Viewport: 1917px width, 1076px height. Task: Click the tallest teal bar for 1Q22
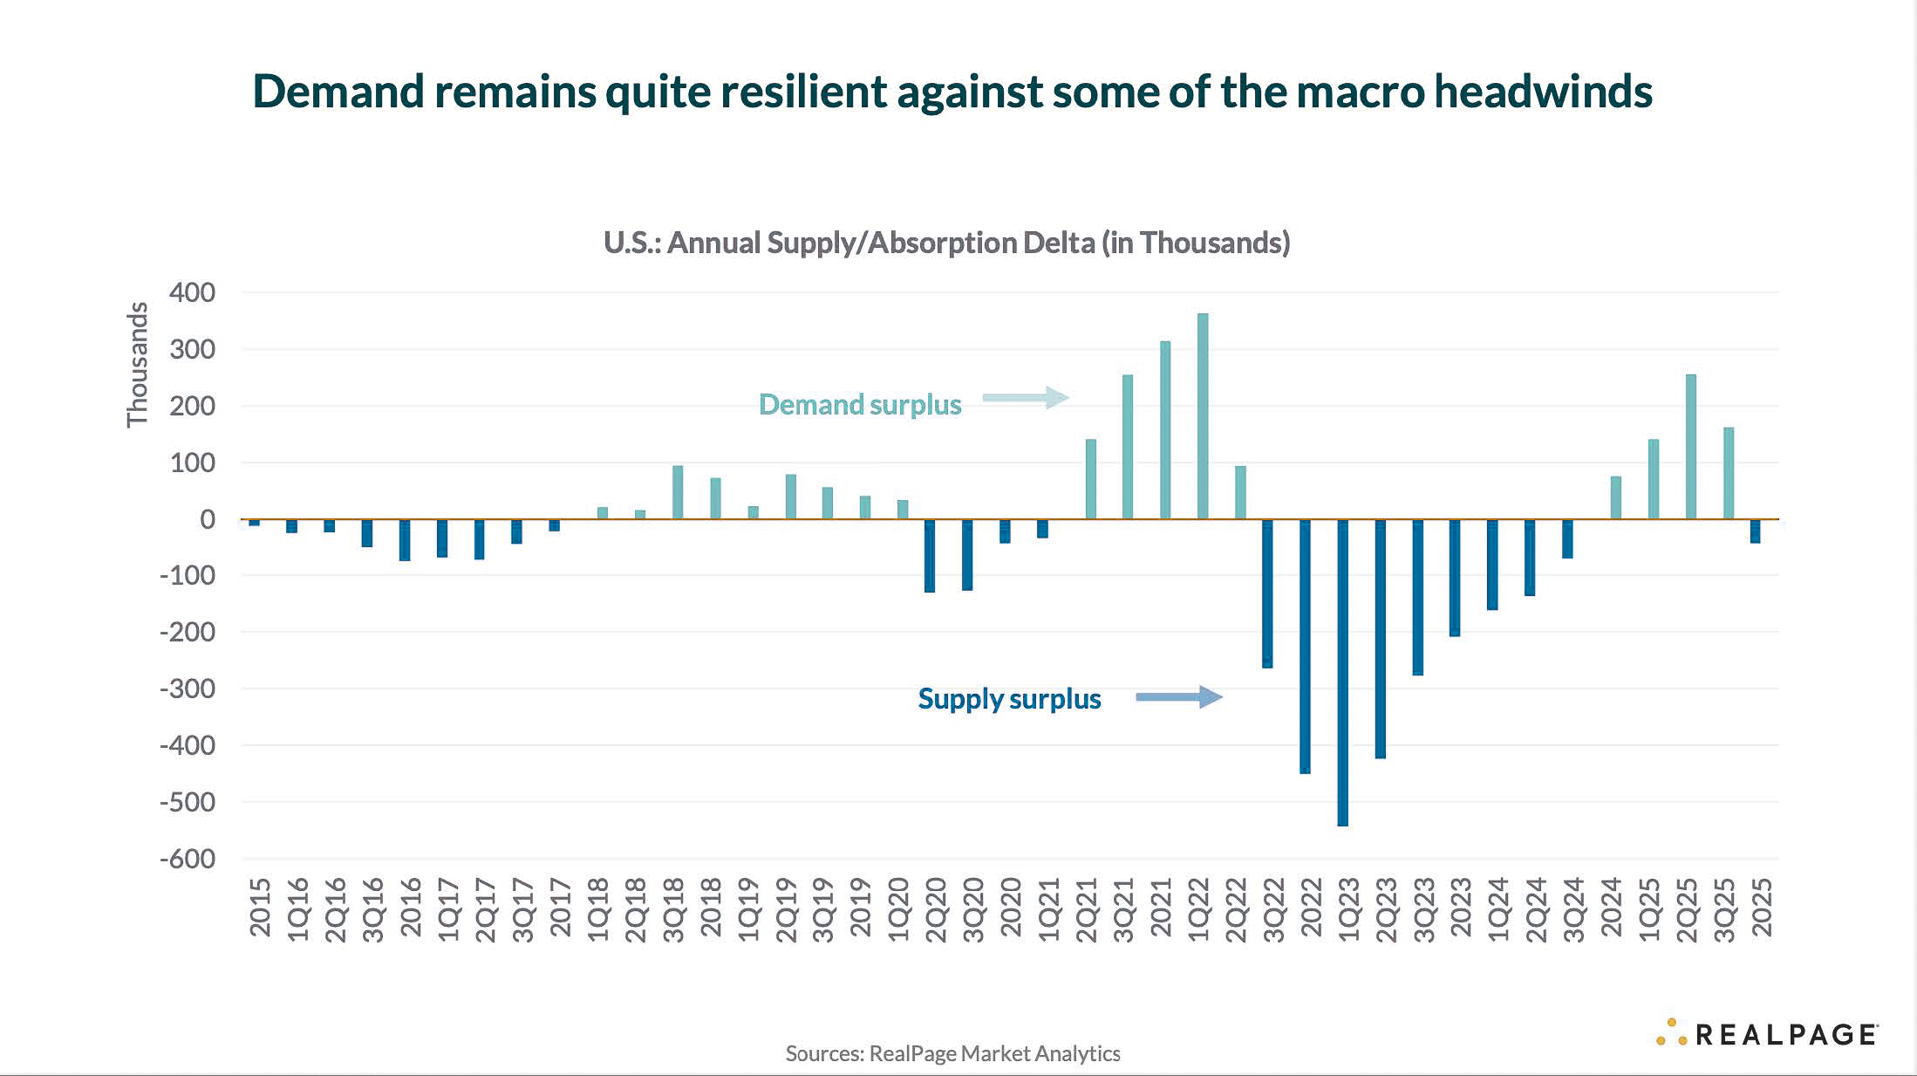(1203, 416)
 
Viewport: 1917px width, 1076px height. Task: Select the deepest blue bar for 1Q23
(1342, 672)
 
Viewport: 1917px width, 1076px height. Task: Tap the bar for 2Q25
(1691, 447)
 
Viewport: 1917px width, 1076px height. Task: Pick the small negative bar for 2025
(1755, 531)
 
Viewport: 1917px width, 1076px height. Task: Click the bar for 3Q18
(678, 492)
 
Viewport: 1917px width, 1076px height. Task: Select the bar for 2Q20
(930, 556)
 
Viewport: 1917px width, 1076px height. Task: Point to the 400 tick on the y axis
(192, 292)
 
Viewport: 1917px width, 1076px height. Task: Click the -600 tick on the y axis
(187, 859)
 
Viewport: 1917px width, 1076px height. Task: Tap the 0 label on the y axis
(207, 519)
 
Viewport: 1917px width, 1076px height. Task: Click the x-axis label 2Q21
(1087, 910)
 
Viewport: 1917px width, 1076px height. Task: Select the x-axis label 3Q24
(1573, 910)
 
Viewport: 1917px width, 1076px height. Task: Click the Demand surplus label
(859, 405)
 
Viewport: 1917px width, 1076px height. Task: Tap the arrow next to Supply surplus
(1178, 696)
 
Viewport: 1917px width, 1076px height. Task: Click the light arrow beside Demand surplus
(1025, 398)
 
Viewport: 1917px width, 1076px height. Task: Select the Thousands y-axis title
(137, 364)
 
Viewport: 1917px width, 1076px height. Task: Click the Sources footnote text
(952, 1053)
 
